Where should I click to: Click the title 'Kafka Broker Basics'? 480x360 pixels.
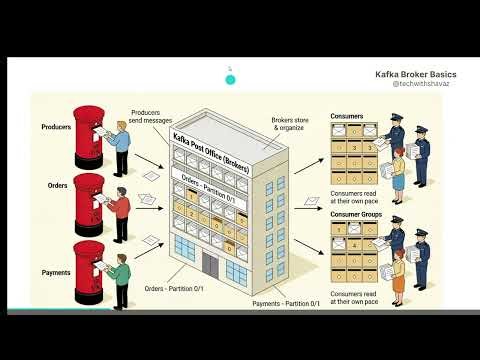(x=416, y=73)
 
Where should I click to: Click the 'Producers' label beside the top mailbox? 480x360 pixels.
(x=56, y=128)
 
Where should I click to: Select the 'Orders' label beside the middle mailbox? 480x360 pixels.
(x=57, y=186)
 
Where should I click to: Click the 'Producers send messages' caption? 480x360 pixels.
(x=145, y=117)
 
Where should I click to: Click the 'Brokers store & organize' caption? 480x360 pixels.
(x=288, y=125)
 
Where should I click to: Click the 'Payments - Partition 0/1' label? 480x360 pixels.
(x=286, y=303)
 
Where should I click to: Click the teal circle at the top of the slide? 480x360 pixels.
(x=230, y=79)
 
